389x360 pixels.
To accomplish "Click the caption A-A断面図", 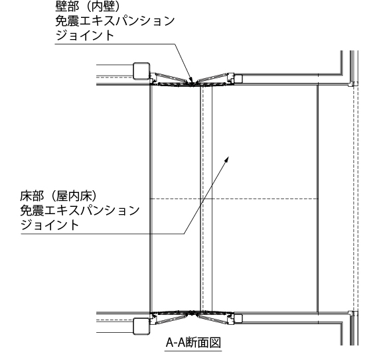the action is pos(193,343).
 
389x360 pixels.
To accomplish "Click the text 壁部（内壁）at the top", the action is pos(88,6).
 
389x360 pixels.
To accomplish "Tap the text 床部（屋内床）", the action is pos(58,196).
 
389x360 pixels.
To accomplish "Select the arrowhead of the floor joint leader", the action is pos(226,159).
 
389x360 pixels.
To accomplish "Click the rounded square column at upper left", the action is pos(141,71).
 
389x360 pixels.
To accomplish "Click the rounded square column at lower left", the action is pos(141,326).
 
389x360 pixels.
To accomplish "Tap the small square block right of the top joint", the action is pos(238,79).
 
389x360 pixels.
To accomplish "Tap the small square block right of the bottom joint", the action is pos(238,318).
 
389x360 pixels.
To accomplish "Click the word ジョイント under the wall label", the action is pos(84,35).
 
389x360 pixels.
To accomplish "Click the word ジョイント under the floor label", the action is pos(49,225).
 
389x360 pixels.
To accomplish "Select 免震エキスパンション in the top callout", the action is pos(115,21).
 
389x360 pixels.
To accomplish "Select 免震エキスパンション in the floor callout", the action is pos(80,210).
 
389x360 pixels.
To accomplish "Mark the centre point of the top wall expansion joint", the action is pos(193,84).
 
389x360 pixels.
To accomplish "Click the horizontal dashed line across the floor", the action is pos(234,199).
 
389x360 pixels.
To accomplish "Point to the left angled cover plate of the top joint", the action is pos(172,78).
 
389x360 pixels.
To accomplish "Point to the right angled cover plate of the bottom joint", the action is pos(213,320).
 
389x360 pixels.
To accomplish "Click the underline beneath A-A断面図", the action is pos(193,351).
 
